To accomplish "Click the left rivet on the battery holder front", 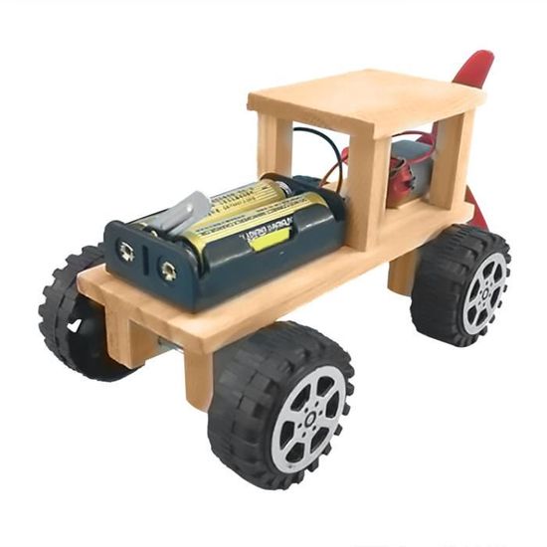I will (126, 252).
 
